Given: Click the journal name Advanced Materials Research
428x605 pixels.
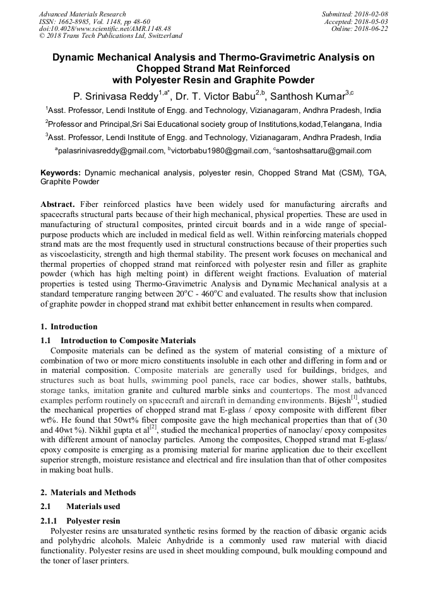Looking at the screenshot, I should [x=82, y=14].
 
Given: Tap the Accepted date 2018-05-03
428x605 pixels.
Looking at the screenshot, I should [x=371, y=21].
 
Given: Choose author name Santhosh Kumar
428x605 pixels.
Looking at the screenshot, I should [x=309, y=97].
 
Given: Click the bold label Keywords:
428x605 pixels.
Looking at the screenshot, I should [x=61, y=172].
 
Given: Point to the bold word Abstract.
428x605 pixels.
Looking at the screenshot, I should [x=57, y=205].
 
